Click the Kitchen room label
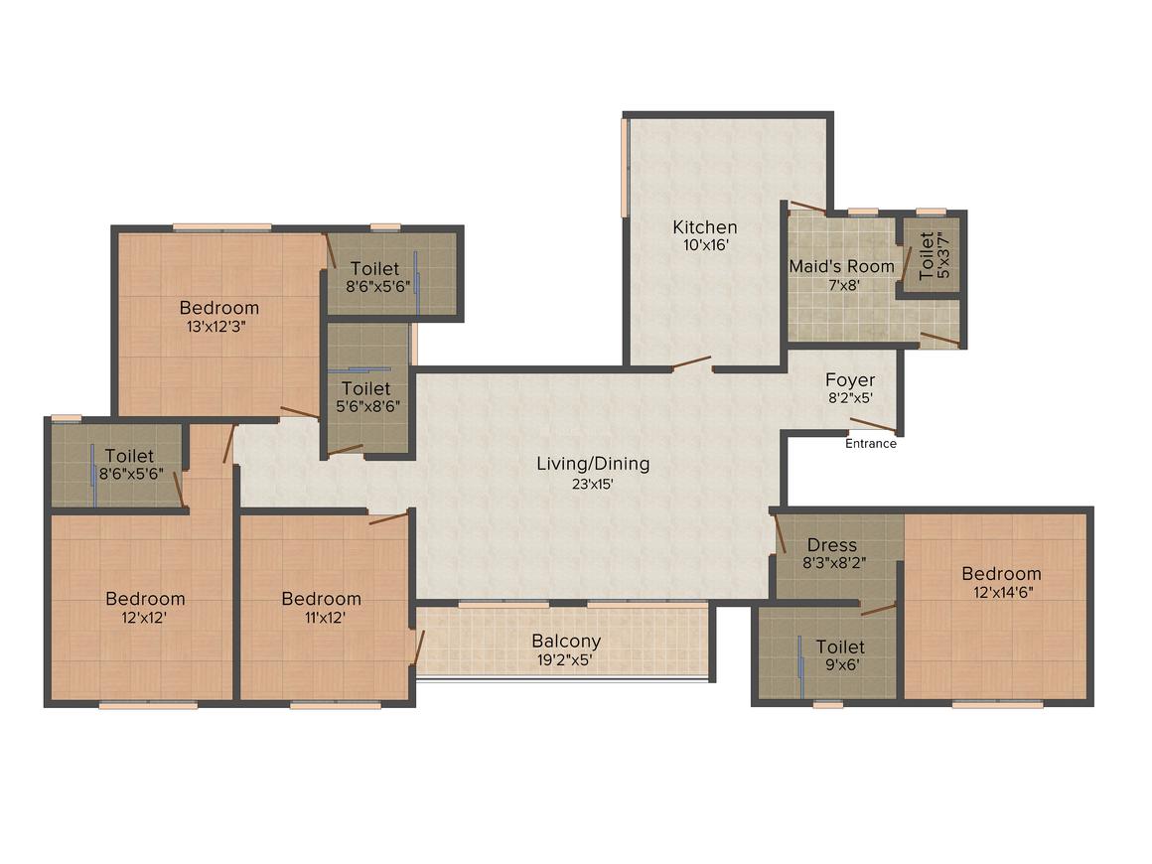704,227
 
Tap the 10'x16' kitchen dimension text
705,245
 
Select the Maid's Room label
842,266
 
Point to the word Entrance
871,444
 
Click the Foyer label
850,379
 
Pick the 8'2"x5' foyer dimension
851,398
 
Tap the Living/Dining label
593,464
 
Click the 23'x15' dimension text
593,484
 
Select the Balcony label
566,642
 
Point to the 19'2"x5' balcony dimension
564,659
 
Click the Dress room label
831,545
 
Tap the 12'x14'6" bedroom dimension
1003,592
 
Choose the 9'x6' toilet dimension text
841,665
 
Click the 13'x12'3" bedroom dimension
216,326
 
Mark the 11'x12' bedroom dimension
325,617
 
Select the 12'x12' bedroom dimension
144,617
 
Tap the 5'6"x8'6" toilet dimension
367,406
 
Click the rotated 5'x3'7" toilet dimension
943,255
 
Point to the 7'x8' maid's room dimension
844,285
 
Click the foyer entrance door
874,425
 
